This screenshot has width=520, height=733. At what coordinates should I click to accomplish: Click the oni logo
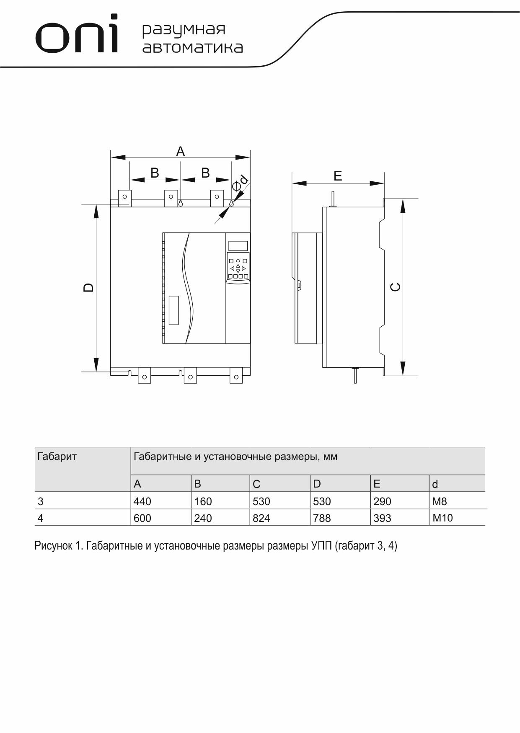click(x=77, y=34)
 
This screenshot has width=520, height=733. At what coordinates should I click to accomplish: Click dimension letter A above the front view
click(x=180, y=151)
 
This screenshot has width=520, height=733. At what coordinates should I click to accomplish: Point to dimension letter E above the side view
click(x=338, y=176)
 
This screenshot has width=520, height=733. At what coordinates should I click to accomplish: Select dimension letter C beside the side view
click(x=395, y=287)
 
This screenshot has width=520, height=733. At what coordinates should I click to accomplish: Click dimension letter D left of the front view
click(x=88, y=287)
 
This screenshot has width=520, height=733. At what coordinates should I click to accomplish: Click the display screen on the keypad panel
click(x=238, y=246)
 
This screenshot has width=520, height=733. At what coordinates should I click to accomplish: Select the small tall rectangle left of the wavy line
click(x=174, y=310)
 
